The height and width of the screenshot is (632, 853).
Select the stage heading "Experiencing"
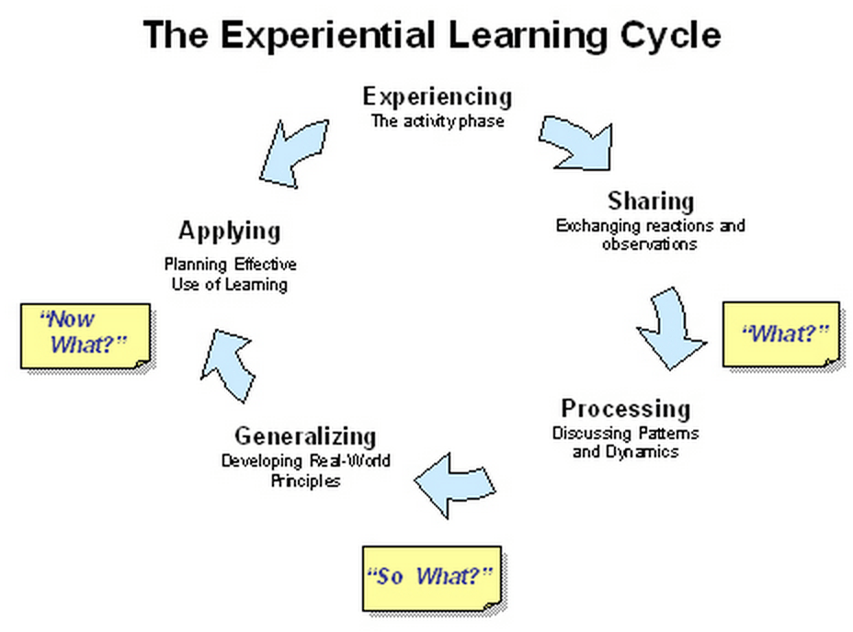tap(437, 96)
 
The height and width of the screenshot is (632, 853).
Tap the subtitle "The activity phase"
tap(437, 120)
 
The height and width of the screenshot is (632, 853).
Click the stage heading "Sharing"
tap(650, 201)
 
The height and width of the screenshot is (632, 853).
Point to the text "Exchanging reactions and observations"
tap(650, 234)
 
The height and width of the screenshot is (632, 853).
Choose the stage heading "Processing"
tap(625, 408)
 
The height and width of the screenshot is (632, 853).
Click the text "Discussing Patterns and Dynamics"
tap(625, 442)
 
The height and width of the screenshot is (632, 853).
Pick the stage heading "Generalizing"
tap(305, 435)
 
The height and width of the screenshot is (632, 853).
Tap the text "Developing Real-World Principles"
tap(305, 470)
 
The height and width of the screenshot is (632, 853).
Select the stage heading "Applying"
tap(229, 230)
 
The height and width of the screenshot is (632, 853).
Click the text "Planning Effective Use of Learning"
tap(230, 274)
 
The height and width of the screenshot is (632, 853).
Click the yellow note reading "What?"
tap(780, 333)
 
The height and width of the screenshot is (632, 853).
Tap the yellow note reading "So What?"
tap(429, 578)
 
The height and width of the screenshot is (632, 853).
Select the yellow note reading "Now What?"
tap(85, 333)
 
